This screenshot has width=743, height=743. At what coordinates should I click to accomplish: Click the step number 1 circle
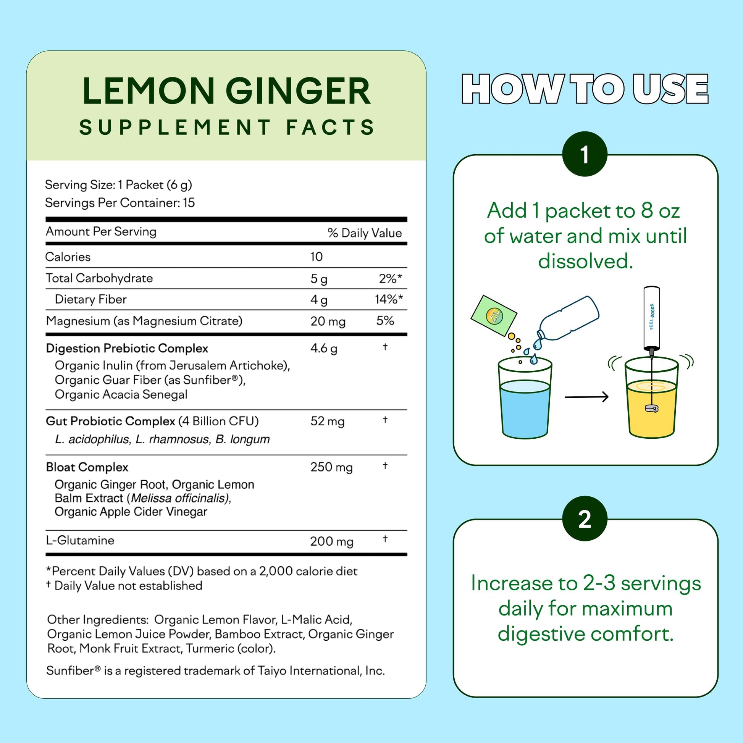(585, 154)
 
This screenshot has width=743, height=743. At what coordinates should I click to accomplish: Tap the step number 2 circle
(585, 519)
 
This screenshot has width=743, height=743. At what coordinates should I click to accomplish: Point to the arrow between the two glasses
(586, 396)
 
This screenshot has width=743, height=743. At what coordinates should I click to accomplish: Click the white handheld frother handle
(651, 317)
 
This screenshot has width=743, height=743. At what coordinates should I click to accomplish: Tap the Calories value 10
(317, 257)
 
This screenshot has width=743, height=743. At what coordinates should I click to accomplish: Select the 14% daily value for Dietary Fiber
(389, 299)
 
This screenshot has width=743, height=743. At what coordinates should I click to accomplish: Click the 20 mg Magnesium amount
(328, 321)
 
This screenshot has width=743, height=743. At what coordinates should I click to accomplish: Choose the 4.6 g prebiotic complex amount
(324, 349)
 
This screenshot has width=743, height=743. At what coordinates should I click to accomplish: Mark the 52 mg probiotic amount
(327, 422)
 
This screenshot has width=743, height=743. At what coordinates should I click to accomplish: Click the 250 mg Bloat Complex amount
(331, 467)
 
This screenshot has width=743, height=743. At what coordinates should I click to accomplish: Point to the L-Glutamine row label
(80, 540)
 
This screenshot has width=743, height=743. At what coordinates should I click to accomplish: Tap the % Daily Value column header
(365, 233)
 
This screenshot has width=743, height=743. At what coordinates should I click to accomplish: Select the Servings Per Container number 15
(189, 203)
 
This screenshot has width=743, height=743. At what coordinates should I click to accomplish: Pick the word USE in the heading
(670, 89)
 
